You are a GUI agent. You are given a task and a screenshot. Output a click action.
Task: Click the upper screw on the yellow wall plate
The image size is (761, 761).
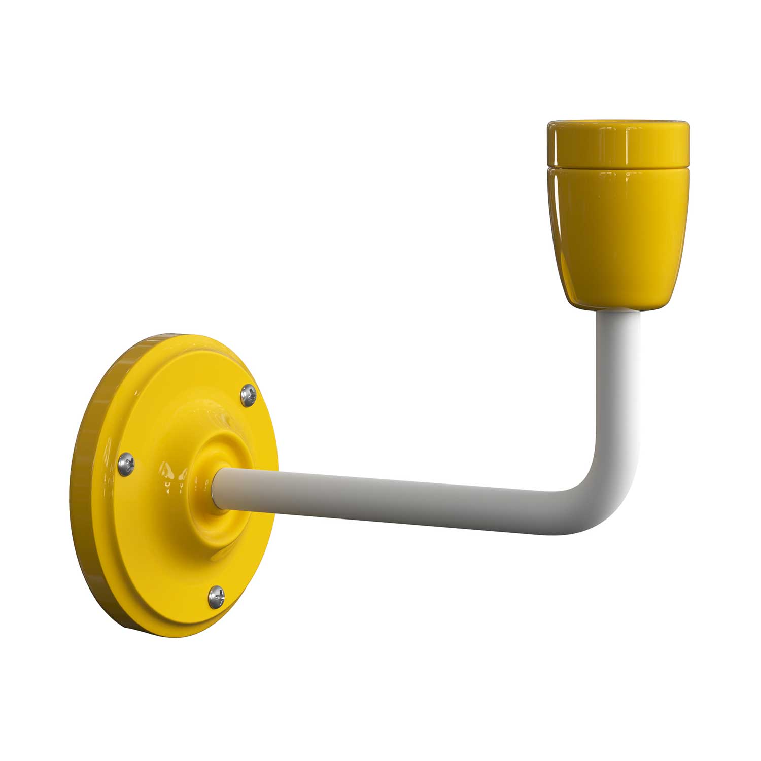249,395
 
